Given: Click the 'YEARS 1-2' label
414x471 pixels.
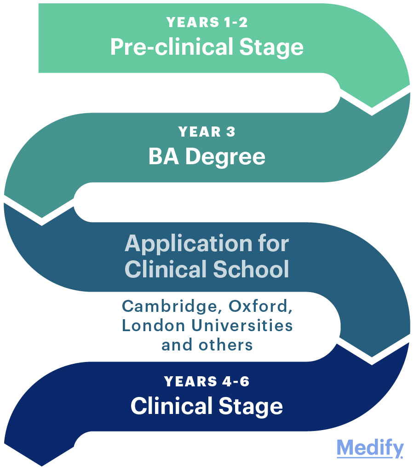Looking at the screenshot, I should [207, 22].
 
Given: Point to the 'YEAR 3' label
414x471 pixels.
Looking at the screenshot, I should [207, 132].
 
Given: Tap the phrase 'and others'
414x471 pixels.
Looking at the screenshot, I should [207, 345].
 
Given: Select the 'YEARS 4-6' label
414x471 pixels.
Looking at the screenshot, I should [207, 381].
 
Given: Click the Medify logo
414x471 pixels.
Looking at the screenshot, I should [370, 448].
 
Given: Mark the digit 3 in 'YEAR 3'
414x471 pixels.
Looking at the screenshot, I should [230, 132].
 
